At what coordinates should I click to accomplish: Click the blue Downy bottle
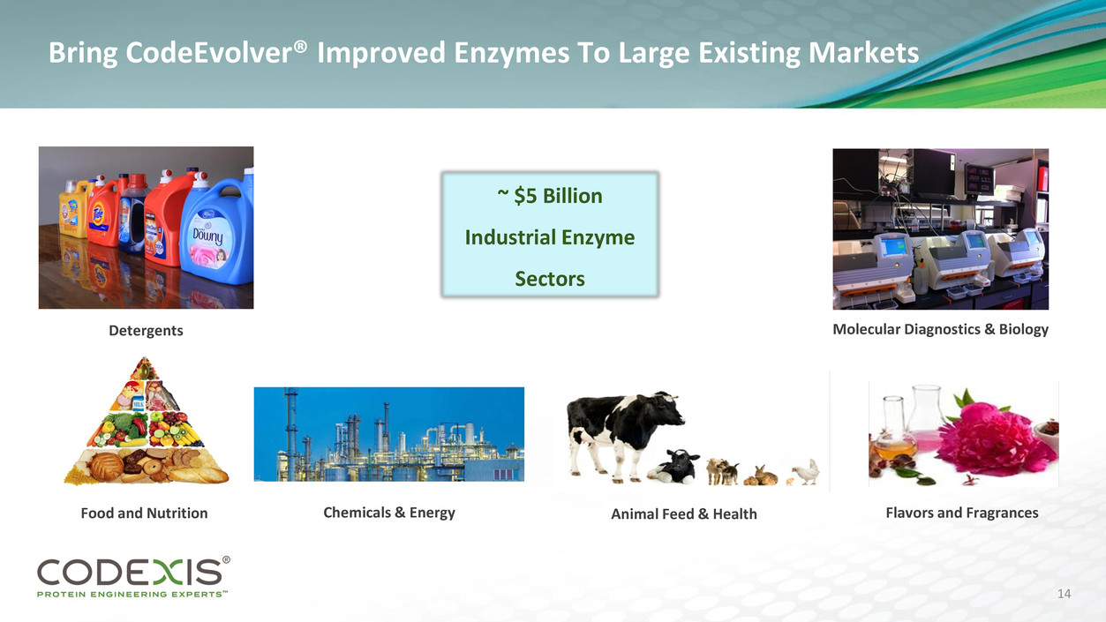(x=218, y=229)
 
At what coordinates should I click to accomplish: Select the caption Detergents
(x=146, y=330)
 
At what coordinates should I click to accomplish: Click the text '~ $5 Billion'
(x=550, y=196)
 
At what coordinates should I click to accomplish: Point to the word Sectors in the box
(x=550, y=279)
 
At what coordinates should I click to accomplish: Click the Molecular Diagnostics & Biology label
(x=941, y=329)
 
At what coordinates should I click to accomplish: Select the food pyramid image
(x=147, y=421)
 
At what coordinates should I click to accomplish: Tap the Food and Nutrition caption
(x=144, y=513)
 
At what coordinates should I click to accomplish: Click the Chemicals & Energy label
(x=389, y=513)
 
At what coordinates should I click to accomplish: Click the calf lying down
(x=673, y=466)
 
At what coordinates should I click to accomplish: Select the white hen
(x=806, y=472)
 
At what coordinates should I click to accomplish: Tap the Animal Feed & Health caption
(x=684, y=513)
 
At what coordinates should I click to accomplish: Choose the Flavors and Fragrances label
(x=962, y=513)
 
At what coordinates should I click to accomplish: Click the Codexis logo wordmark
(x=130, y=572)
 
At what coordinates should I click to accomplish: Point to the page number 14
(x=1064, y=594)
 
